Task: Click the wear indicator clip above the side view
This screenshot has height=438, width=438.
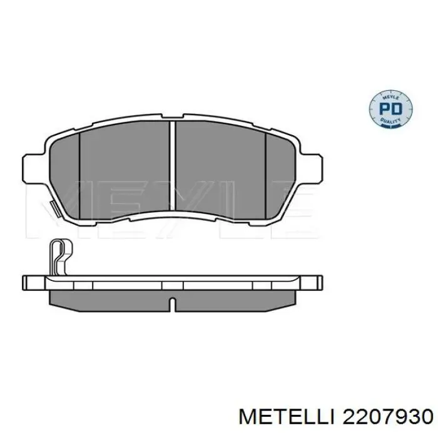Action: pos(59,254)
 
